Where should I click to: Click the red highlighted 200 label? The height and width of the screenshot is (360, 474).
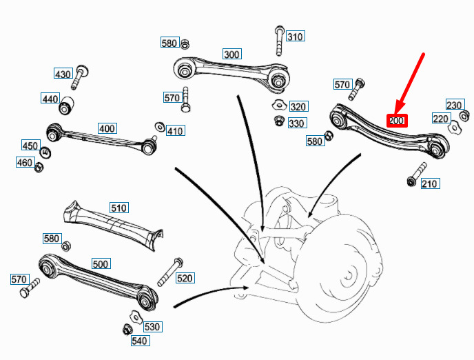click(x=397, y=121)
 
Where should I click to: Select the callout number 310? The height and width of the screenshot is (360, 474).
click(x=295, y=37)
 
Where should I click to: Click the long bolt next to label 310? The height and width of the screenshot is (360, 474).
click(x=279, y=42)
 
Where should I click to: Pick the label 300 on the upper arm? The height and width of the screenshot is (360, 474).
click(x=231, y=54)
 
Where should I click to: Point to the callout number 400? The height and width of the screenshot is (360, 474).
click(x=107, y=128)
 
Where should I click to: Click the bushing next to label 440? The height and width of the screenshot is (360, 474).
click(x=68, y=107)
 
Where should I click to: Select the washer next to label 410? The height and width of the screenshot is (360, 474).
click(x=159, y=128)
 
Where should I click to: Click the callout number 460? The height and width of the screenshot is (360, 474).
click(x=25, y=163)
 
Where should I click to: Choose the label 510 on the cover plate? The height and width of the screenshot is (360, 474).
click(x=119, y=207)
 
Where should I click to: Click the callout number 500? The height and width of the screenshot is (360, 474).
click(x=101, y=264)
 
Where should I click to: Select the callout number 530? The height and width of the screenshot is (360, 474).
click(x=152, y=326)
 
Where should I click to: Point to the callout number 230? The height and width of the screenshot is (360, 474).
click(x=454, y=105)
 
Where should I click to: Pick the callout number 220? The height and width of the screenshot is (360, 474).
click(x=440, y=119)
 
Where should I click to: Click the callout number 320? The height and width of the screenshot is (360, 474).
click(x=298, y=107)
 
